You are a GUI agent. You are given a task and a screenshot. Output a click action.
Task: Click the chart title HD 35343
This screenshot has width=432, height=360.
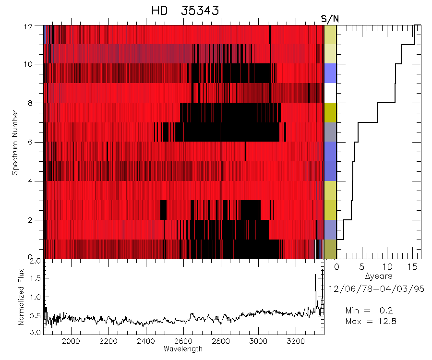(x=185, y=11)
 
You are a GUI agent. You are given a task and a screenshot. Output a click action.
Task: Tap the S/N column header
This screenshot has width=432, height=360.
(x=330, y=19)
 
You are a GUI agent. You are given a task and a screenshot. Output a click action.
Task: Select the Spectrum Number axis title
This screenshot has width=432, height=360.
(x=15, y=142)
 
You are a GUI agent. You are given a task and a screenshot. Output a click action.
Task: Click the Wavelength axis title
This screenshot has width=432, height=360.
(x=183, y=349)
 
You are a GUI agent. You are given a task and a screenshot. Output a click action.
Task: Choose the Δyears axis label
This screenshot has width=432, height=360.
(x=379, y=276)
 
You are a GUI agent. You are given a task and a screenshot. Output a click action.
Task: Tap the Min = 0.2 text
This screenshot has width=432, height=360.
(x=371, y=311)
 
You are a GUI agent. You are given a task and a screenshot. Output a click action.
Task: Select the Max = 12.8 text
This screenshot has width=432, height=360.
(x=371, y=321)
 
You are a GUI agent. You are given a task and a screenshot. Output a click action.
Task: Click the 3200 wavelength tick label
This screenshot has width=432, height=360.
(x=296, y=341)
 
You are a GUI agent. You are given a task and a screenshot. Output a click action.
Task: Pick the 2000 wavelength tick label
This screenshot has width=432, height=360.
(x=71, y=341)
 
